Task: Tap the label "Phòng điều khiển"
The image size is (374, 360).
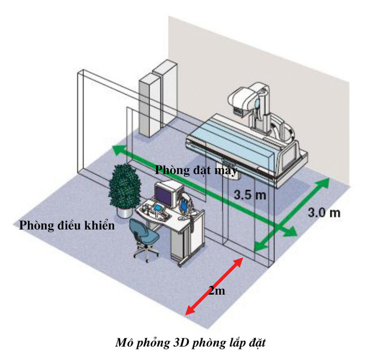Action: point(67,225)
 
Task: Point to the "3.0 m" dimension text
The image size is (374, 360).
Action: point(324,213)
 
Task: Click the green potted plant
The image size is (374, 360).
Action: point(124,184)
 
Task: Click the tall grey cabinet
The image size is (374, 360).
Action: point(150,101)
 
